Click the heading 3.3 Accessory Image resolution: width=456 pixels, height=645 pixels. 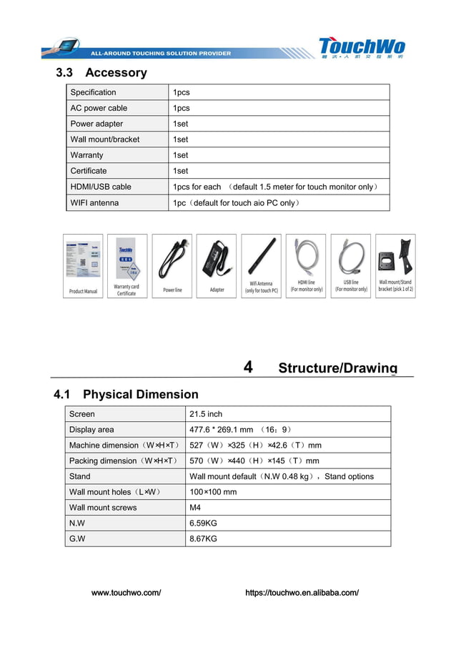(x=101, y=72)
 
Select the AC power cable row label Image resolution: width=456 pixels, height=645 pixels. (x=99, y=108)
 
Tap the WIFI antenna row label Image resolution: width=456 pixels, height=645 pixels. (x=94, y=203)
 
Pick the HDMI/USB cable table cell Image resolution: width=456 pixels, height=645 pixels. (x=101, y=187)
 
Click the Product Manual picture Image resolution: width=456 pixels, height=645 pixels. (x=83, y=261)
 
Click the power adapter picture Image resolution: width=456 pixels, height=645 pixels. (x=216, y=259)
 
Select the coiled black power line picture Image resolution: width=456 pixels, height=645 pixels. (x=172, y=259)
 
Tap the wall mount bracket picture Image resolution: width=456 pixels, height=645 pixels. (x=395, y=255)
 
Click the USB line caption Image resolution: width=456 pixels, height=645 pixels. (x=351, y=286)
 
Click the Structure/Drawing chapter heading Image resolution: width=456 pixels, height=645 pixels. (x=337, y=368)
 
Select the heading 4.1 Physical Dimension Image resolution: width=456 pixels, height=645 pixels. (x=126, y=395)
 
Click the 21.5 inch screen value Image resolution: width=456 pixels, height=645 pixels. (x=206, y=414)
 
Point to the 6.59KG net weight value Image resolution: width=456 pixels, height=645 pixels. (x=203, y=523)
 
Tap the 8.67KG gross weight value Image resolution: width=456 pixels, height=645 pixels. (x=203, y=538)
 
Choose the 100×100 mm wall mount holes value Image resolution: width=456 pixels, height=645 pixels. (x=212, y=492)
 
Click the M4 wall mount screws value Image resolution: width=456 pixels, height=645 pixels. (x=195, y=508)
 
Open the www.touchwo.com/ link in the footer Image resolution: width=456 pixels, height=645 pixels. (x=126, y=593)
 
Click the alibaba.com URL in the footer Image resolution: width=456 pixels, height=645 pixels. (x=302, y=593)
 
